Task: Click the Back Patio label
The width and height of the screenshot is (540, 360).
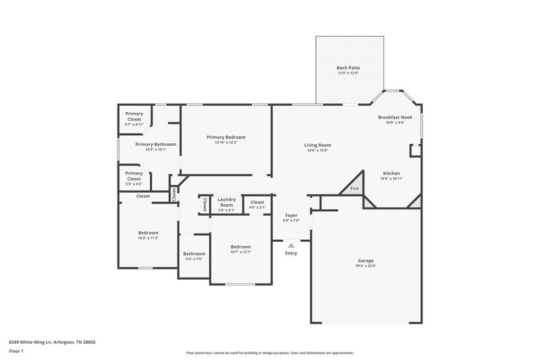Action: pyautogui.click(x=348, y=68)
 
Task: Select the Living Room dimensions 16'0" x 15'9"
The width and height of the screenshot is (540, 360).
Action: pyautogui.click(x=317, y=150)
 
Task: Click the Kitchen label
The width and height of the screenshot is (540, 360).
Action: pyautogui.click(x=392, y=173)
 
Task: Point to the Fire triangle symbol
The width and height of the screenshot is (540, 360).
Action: pyautogui.click(x=353, y=189)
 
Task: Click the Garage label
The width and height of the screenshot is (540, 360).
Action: pyautogui.click(x=365, y=261)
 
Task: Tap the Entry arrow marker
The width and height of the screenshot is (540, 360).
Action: pyautogui.click(x=291, y=246)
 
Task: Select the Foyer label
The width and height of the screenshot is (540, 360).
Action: pyautogui.click(x=291, y=215)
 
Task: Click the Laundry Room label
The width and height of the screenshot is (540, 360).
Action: pyautogui.click(x=226, y=201)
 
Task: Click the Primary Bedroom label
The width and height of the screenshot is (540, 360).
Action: pyautogui.click(x=226, y=137)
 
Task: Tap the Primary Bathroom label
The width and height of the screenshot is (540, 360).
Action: pyautogui.click(x=156, y=144)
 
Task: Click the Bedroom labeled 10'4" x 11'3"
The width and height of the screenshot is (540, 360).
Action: pyautogui.click(x=148, y=233)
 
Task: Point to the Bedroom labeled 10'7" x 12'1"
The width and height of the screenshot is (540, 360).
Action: pyautogui.click(x=241, y=247)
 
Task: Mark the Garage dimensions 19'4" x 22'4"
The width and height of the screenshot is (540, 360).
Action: pyautogui.click(x=365, y=265)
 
